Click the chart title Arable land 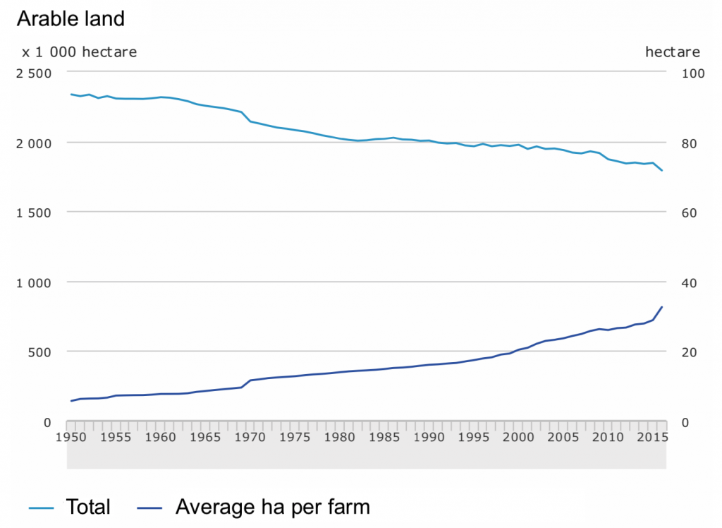71,19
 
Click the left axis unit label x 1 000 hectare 79,52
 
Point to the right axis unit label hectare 672,52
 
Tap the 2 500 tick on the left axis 35,73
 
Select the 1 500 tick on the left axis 35,213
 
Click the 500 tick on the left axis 41,352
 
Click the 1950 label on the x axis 71,438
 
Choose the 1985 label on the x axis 384,438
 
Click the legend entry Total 88,507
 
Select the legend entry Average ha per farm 272,507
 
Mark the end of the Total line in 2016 662,171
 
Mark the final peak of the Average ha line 662,307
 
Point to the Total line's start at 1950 71,94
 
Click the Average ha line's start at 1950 71,401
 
